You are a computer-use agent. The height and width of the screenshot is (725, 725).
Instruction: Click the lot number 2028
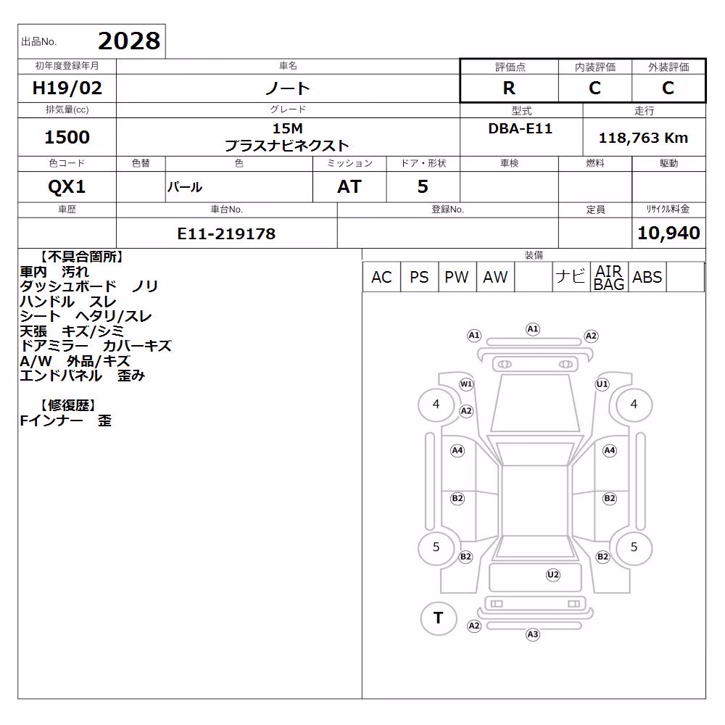pos(129,41)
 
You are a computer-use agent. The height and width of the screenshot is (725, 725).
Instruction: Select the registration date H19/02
pos(67,88)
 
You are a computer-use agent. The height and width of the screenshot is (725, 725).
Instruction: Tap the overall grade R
pos(509,88)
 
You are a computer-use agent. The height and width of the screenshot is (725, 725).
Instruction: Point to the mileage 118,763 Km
pos(643,138)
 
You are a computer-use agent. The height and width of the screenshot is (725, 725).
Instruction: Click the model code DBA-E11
pos(520,128)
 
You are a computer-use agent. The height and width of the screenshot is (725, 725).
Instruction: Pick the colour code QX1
pos(67,187)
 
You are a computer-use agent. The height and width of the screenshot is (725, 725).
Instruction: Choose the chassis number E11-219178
pos(226,233)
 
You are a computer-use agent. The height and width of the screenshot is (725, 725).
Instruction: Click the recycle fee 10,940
pos(668,233)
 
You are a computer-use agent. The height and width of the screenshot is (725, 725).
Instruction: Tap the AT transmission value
pos(349,187)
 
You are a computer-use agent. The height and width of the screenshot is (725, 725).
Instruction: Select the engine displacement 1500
pos(67,137)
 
